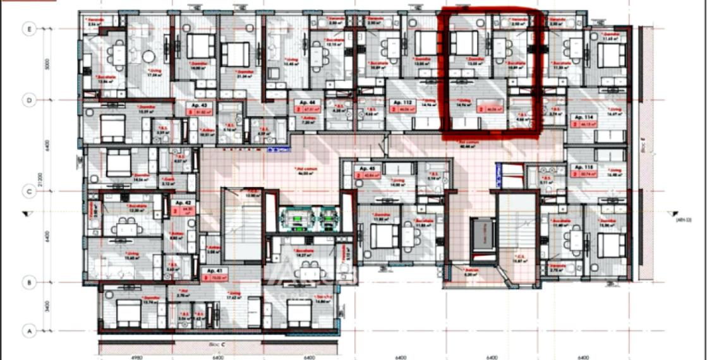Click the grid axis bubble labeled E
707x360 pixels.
click(28, 28)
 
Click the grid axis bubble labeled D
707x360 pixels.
click(28, 100)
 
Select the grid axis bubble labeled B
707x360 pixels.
click(28, 282)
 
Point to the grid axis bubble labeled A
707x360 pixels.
click(28, 330)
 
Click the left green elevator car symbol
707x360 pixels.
click(294, 217)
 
